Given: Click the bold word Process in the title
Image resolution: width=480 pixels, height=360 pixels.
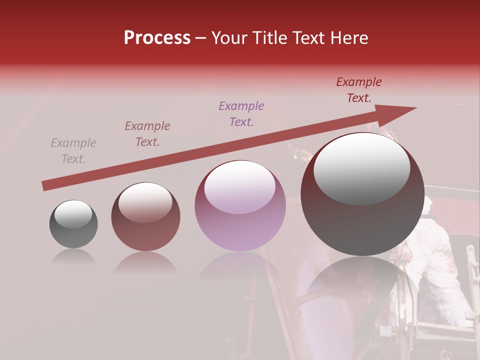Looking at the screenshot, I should (x=157, y=38).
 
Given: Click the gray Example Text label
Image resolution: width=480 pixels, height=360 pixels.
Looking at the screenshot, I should (x=73, y=151).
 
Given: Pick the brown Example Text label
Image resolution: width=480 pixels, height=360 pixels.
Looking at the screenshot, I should (x=147, y=134).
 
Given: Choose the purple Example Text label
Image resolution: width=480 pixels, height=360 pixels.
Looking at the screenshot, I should (x=241, y=113).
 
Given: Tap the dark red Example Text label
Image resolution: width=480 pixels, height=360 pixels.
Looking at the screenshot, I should (x=359, y=90).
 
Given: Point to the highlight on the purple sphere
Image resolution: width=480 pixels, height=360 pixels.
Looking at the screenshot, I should (x=240, y=186).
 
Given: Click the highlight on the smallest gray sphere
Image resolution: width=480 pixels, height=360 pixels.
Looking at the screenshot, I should (x=73, y=214).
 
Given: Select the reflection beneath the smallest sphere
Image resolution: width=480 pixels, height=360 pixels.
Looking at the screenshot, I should (x=73, y=257).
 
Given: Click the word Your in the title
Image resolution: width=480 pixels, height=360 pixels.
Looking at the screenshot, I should (x=229, y=38).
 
